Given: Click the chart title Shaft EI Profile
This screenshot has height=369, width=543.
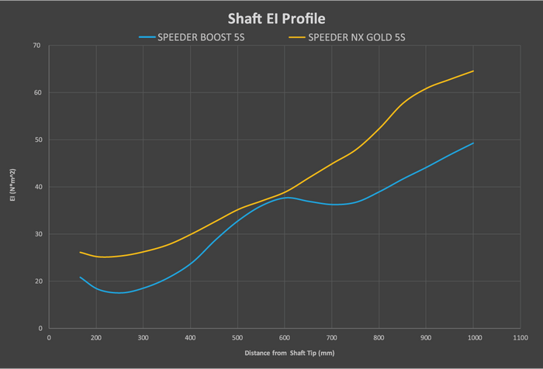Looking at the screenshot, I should [x=271, y=17].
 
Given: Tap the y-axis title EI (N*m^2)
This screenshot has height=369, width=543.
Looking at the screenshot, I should [x=11, y=187].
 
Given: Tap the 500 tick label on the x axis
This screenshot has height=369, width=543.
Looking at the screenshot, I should [x=237, y=338].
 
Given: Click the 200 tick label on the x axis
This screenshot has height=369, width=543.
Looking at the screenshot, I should [x=96, y=338].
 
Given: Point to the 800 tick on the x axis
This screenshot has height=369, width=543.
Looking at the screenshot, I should [x=379, y=338].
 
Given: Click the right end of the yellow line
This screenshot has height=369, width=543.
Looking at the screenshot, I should [x=473, y=71].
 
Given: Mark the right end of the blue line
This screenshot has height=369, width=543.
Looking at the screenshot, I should [x=473, y=143].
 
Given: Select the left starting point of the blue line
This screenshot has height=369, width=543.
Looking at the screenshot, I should [x=80, y=277].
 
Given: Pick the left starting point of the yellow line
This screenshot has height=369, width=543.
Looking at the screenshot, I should [x=80, y=252].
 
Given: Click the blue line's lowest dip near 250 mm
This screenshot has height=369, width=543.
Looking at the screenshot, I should [x=119, y=293].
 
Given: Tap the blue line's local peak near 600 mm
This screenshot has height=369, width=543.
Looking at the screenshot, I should [x=288, y=198].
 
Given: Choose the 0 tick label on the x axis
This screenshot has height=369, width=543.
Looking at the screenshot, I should [x=49, y=338].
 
